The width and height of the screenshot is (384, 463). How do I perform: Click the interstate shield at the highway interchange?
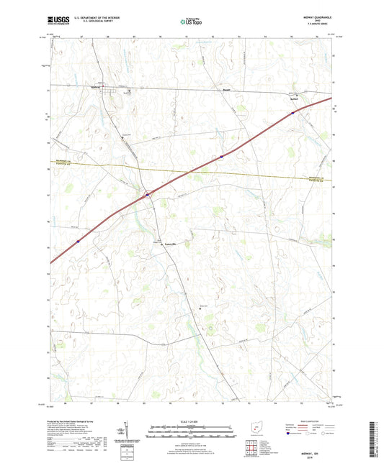(x=148, y=194)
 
